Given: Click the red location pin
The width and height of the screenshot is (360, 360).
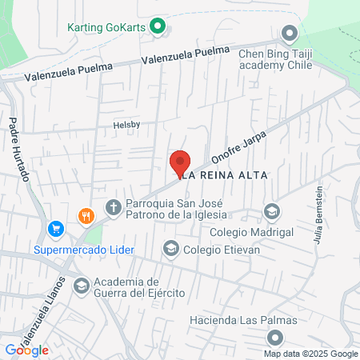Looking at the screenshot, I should coord(181,162).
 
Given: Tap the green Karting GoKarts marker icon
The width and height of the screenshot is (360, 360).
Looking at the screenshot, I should coord(158,26).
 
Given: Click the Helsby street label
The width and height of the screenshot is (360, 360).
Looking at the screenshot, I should coord(126,126).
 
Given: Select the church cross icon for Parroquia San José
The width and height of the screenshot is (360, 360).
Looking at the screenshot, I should coord(114,208).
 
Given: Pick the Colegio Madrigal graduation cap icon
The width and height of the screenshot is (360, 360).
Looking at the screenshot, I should coord(272,212).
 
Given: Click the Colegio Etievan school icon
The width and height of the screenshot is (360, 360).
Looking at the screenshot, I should coord(170,250).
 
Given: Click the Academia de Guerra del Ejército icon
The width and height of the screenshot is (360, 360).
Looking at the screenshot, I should coord(81,286).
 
